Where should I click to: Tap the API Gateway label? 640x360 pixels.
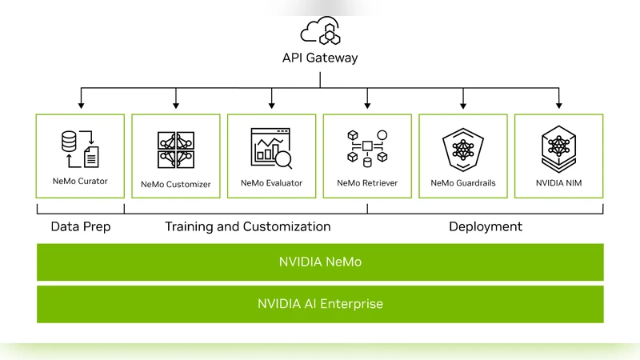coord(320,58)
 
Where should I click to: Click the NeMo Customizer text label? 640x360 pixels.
coord(176,184)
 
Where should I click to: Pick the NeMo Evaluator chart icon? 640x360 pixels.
coord(271,149)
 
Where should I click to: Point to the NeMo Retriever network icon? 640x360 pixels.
coord(367,149)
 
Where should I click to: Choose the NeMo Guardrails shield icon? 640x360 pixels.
coord(463,149)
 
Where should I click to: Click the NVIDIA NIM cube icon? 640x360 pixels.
coord(558,149)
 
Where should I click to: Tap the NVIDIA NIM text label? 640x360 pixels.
coord(558,183)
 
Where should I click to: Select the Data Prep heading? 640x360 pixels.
coord(80,226)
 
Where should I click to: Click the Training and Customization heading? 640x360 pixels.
coord(247,226)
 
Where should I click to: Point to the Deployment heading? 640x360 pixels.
coord(485,226)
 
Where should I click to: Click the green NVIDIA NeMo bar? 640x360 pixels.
coord(320,262)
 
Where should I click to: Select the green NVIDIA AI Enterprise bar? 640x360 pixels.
coord(320,304)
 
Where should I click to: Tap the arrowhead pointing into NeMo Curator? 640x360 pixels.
coord(80,105)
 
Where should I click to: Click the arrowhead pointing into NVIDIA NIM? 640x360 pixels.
coord(558,105)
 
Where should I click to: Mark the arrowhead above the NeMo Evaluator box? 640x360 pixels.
coord(271,105)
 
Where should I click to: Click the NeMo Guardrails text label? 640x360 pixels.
coord(463,183)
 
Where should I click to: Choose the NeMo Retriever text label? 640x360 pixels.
coord(367,183)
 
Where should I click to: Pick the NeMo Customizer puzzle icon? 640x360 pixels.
coord(176,150)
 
